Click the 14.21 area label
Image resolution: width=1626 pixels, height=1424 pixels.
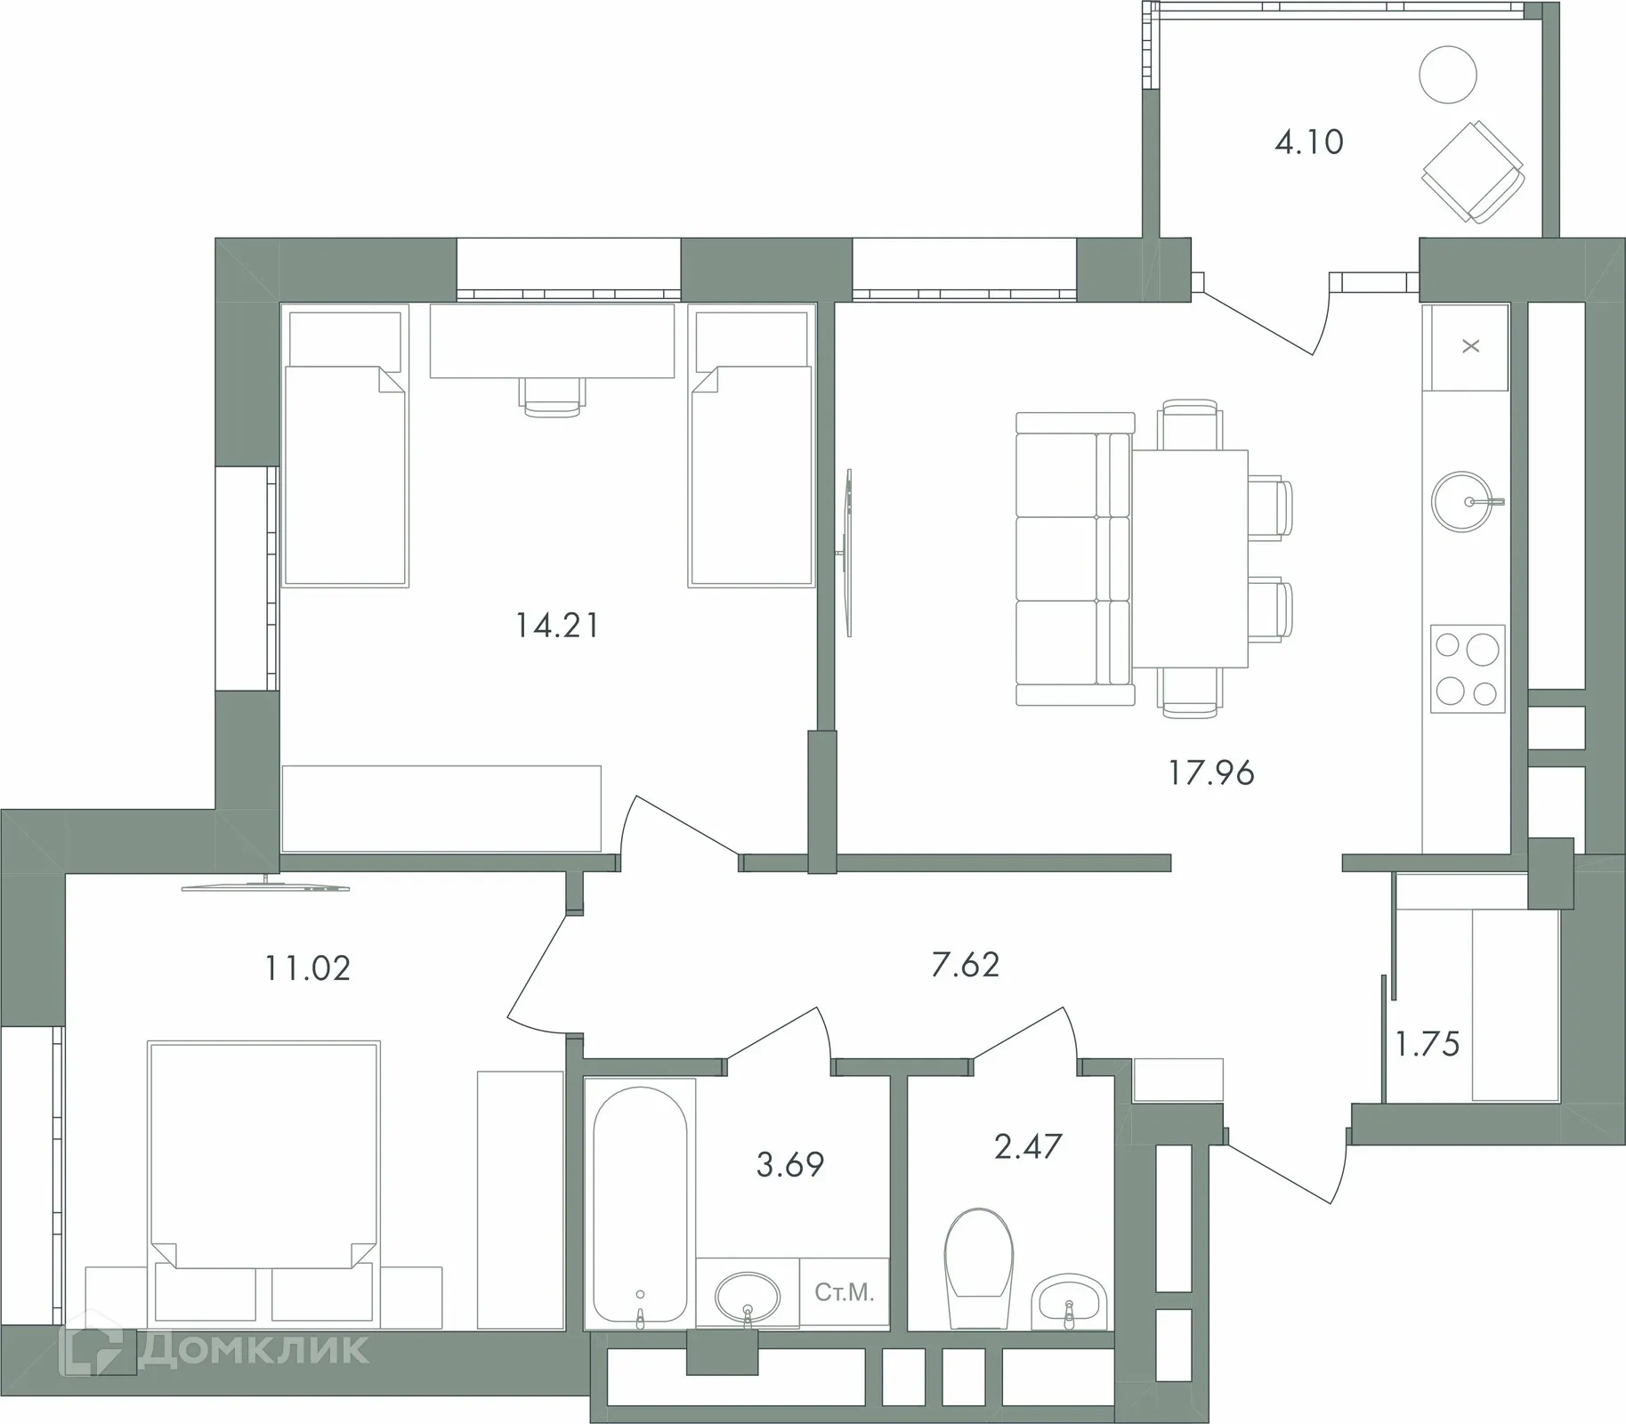coord(557,626)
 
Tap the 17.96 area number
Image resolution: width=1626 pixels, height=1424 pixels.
coord(1211,773)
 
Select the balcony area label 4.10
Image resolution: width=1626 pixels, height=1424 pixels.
coord(1308,142)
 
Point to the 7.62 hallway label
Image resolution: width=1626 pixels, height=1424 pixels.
coord(966,965)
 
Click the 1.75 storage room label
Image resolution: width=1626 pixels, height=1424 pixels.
coord(1427,1045)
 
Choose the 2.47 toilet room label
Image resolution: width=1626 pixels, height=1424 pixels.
coord(1028,1147)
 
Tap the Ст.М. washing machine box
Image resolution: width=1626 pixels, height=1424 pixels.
coord(844,1292)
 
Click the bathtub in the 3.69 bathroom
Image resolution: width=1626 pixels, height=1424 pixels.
coord(640,1206)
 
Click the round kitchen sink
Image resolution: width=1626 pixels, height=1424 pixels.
coord(1461,502)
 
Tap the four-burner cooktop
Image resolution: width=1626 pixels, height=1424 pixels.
coord(1468,668)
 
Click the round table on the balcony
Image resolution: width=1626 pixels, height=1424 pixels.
coord(1448,75)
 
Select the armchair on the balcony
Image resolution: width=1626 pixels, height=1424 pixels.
coord(1473,172)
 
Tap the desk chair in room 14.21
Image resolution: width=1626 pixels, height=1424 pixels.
coord(552,397)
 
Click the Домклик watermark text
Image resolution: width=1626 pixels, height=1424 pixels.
coord(253,1349)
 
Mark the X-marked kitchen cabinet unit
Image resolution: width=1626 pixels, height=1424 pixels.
coord(1470,347)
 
